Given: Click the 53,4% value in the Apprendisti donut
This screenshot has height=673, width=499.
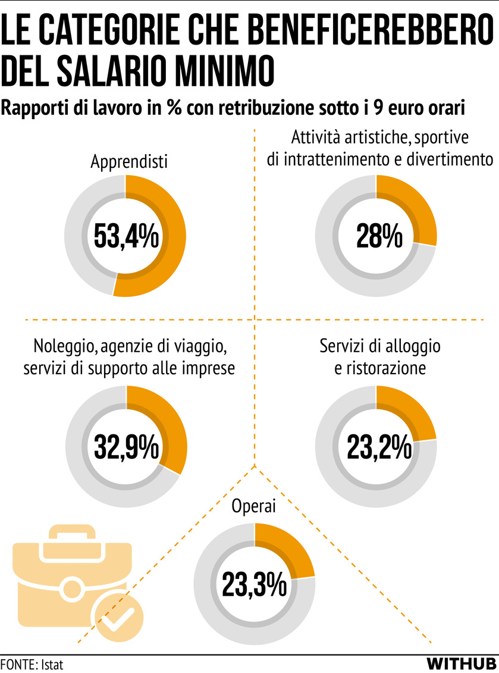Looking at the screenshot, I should (125, 237).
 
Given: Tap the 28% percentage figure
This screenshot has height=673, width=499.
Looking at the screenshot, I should (376, 237).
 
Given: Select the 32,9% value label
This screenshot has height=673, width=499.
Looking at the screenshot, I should (126, 447).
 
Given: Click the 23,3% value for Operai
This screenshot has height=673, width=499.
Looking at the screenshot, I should (254, 585).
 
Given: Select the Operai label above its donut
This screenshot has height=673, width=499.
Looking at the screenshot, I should (254, 507).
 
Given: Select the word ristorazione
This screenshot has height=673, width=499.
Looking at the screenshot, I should (380, 368).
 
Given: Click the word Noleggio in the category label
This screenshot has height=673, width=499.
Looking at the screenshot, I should (61, 346).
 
